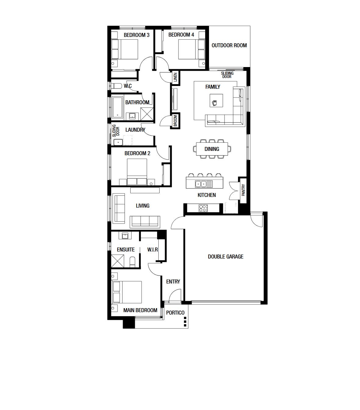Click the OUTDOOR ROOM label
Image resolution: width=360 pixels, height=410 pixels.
(x=229, y=45)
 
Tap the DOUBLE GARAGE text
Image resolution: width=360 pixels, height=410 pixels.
(x=225, y=257)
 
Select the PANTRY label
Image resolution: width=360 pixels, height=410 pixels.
(x=243, y=190)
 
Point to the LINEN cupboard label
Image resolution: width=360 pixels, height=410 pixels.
(x=175, y=77)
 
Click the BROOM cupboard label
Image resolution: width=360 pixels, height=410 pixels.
(x=175, y=121)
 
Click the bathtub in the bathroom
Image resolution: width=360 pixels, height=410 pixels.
(x=117, y=108)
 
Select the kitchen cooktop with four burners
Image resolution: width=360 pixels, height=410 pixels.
(x=203, y=208)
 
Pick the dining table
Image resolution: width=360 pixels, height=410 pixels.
(x=212, y=149)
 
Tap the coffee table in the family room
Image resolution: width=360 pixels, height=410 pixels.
(x=216, y=101)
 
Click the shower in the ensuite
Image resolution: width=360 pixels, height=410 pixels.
(x=117, y=261)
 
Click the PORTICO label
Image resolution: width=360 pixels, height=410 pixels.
(x=175, y=313)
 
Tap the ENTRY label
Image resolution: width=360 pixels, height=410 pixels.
(x=173, y=281)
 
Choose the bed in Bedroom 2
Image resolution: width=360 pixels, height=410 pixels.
(x=137, y=172)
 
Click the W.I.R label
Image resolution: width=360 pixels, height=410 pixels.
(x=153, y=250)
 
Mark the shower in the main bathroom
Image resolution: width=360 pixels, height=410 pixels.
(x=147, y=114)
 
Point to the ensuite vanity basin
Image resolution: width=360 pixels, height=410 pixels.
(x=125, y=236)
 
